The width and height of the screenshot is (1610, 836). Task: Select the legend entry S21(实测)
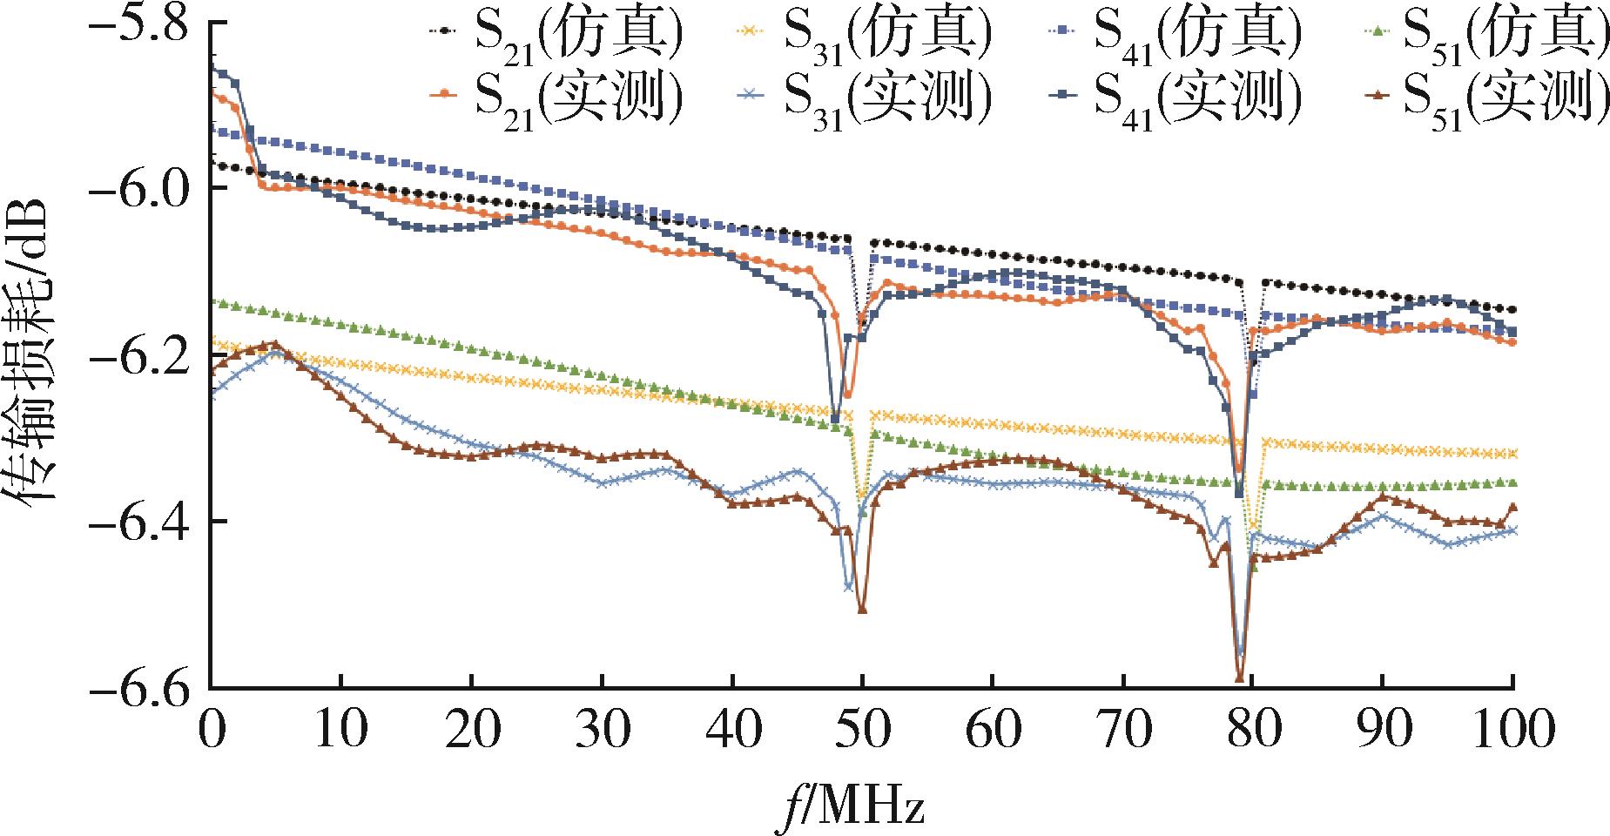[556, 98]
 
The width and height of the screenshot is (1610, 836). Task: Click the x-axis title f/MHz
[851, 806]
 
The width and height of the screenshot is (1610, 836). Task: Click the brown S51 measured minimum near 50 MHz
[862, 610]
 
